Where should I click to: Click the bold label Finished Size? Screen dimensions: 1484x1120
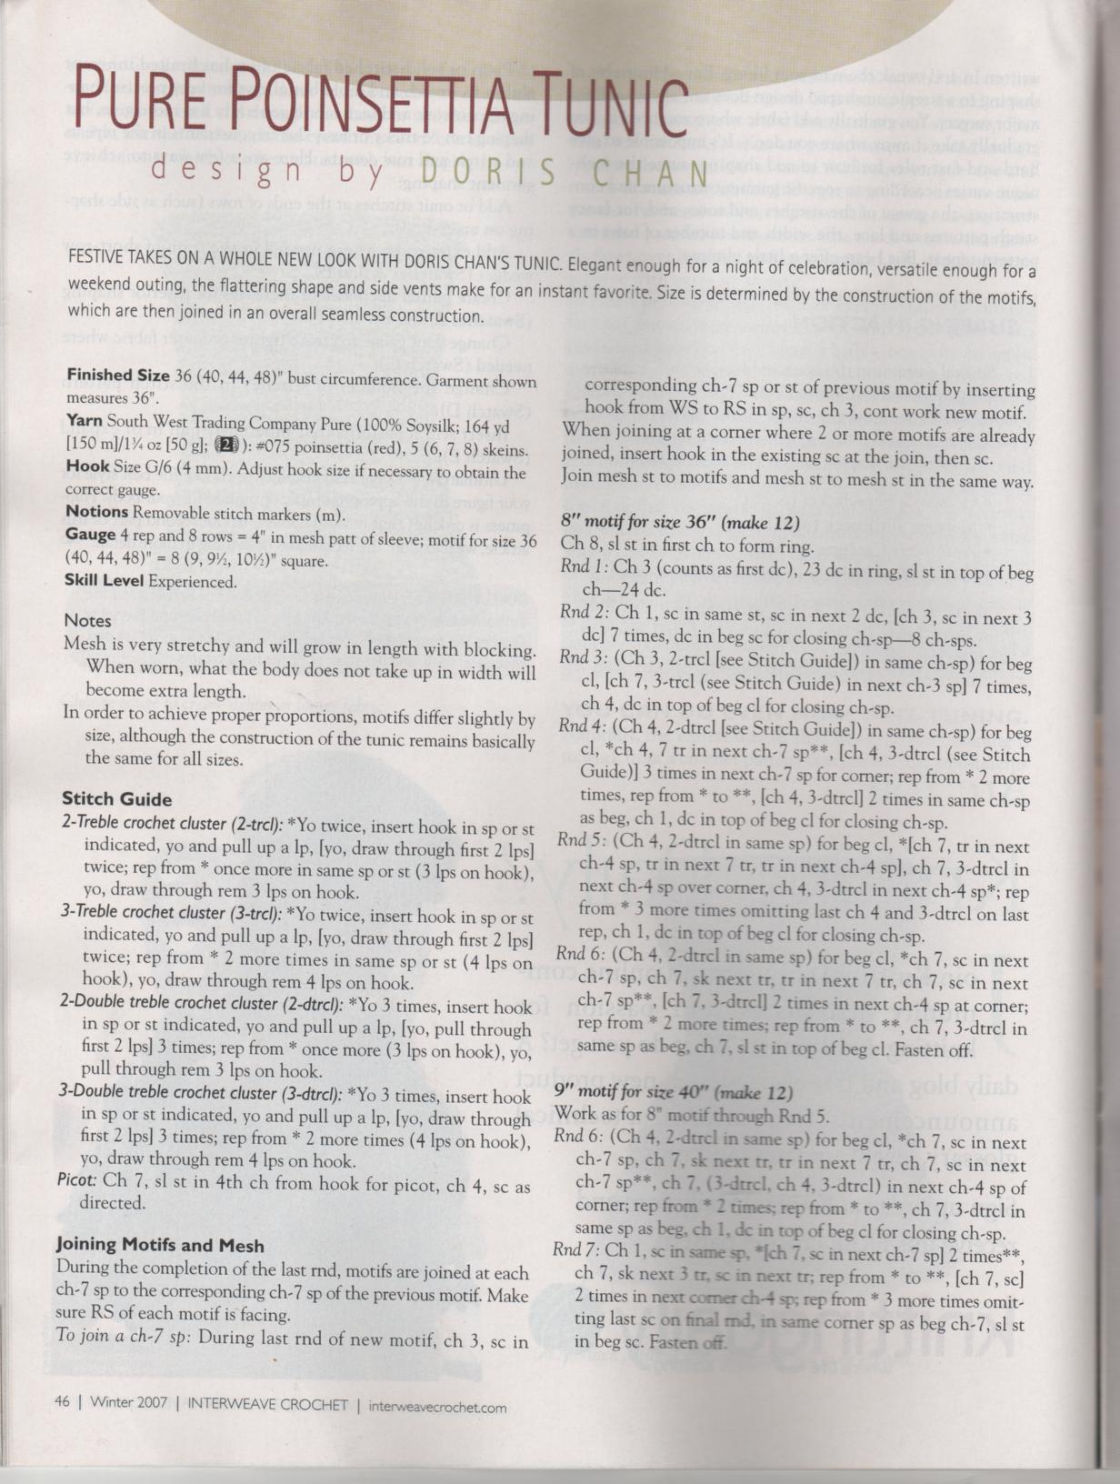tap(118, 376)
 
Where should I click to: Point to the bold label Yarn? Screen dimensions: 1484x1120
tap(84, 420)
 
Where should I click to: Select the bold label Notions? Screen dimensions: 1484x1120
tap(101, 511)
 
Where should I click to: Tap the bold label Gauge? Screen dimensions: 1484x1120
tap(90, 535)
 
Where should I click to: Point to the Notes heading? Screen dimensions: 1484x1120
tap(88, 621)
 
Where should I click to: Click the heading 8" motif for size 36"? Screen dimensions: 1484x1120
tap(680, 523)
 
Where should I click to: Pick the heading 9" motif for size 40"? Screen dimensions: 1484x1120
tap(674, 1092)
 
